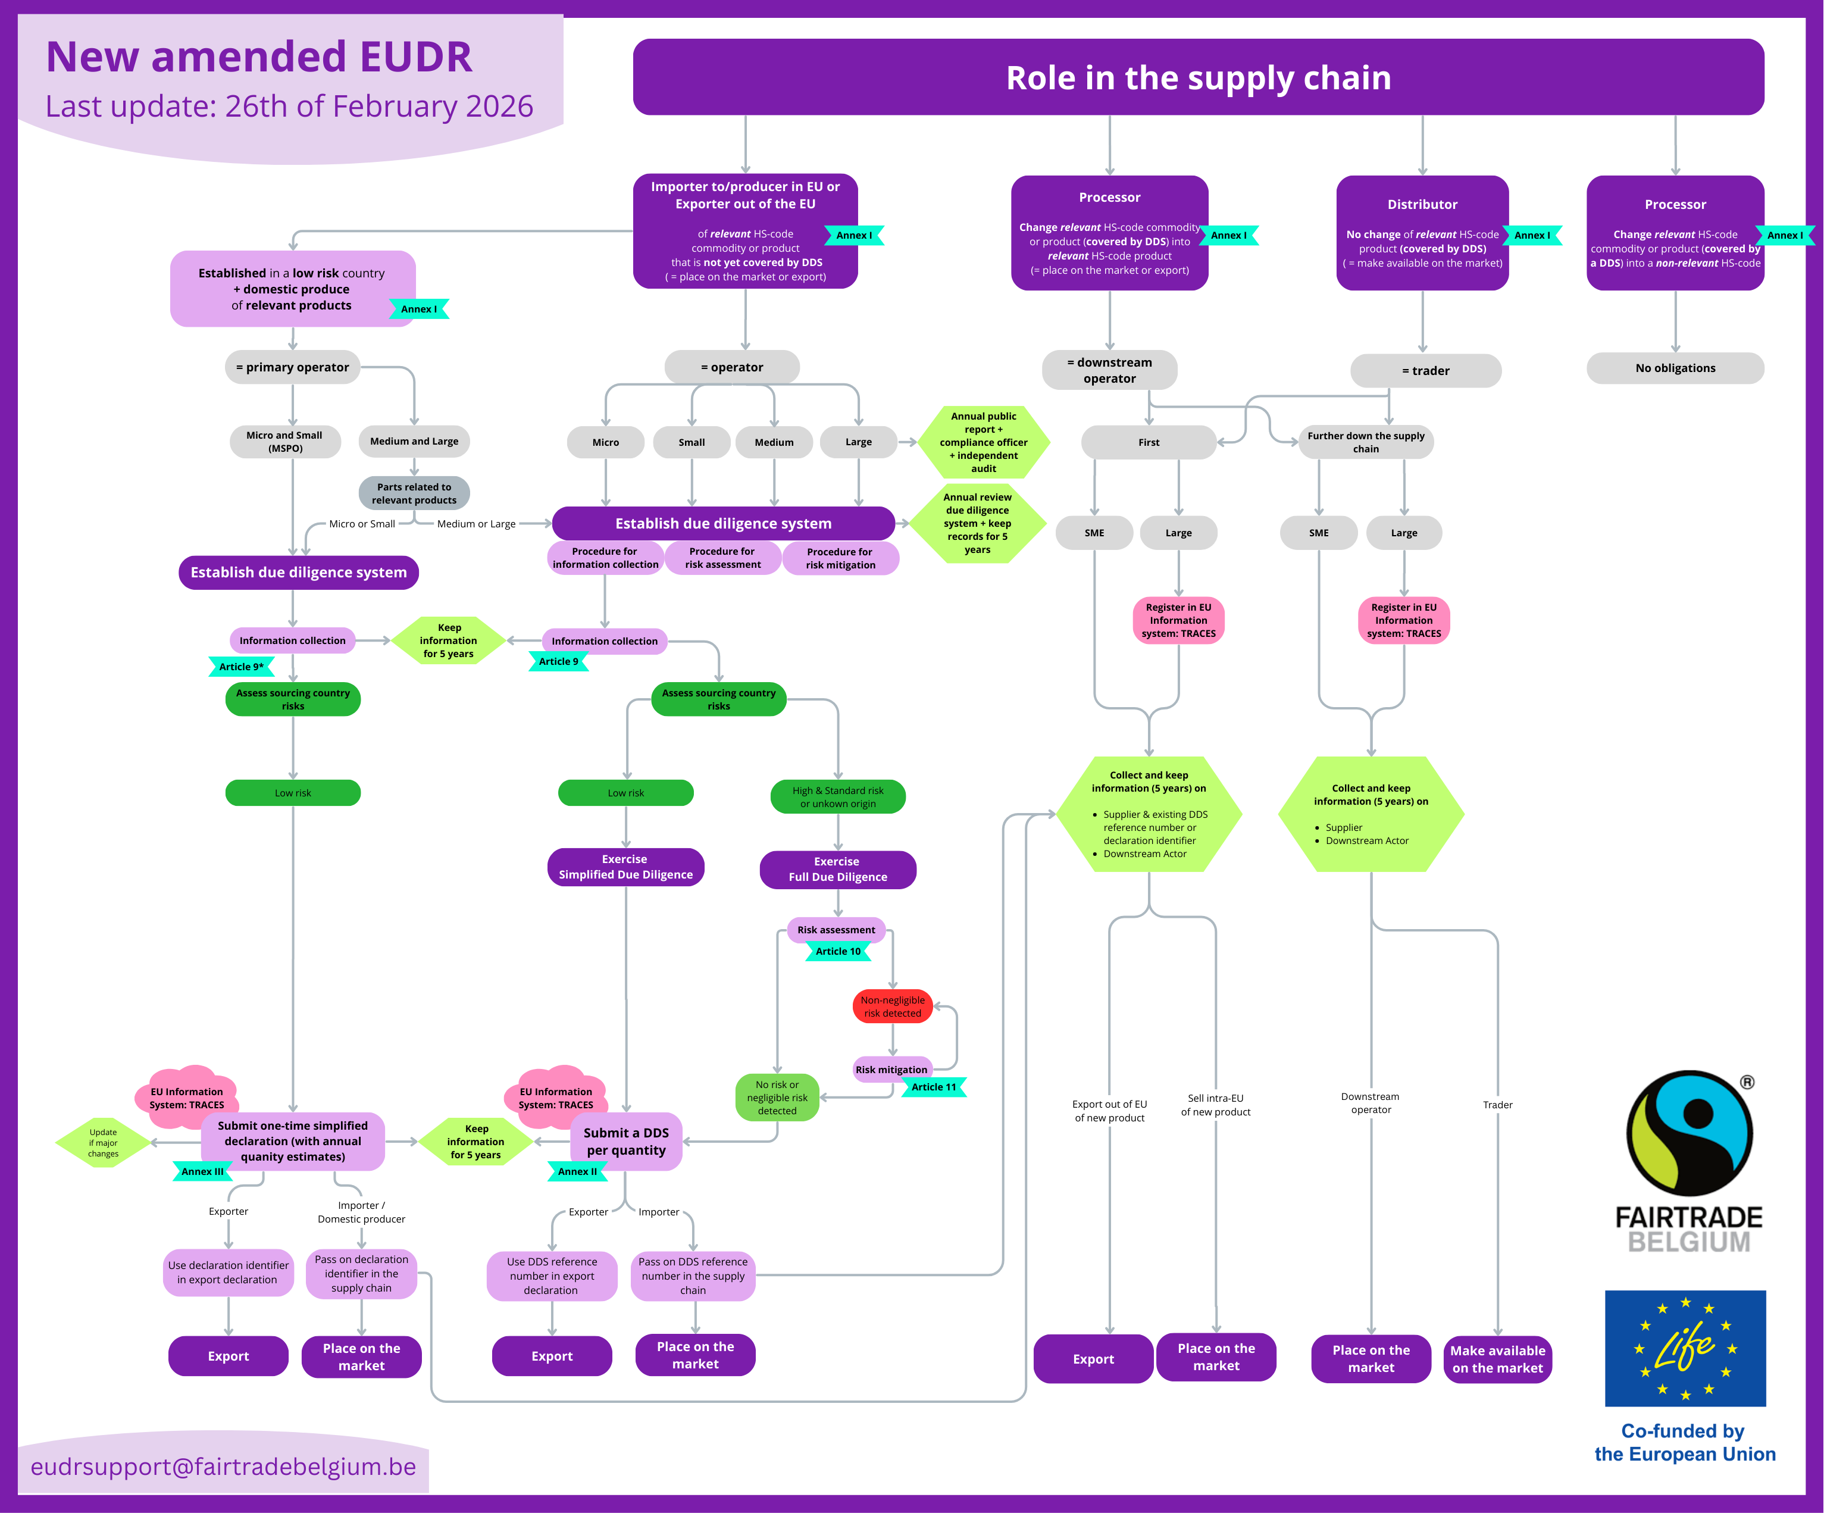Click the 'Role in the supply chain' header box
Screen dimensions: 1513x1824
[1198, 77]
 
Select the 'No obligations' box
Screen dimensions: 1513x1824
[1675, 368]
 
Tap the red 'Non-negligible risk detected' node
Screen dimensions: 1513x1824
[892, 1006]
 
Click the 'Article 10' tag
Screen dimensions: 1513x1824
[837, 952]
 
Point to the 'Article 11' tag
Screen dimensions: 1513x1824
[933, 1087]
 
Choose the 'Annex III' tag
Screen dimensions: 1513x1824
[202, 1172]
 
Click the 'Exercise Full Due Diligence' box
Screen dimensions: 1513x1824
[837, 870]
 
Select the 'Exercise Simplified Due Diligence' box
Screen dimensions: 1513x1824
[625, 867]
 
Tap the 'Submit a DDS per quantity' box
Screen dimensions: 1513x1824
[626, 1141]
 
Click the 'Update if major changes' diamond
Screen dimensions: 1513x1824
[104, 1143]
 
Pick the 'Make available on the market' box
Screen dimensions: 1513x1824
[1497, 1359]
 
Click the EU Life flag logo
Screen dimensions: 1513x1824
[1685, 1348]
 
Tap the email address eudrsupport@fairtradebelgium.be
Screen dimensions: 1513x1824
[223, 1467]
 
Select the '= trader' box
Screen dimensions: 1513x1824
[1425, 371]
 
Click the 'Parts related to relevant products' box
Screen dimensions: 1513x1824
[414, 493]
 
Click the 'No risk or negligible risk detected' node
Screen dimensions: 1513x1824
[777, 1098]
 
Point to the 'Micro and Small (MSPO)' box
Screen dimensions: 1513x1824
[285, 441]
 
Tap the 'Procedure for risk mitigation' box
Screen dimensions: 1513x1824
[840, 558]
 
